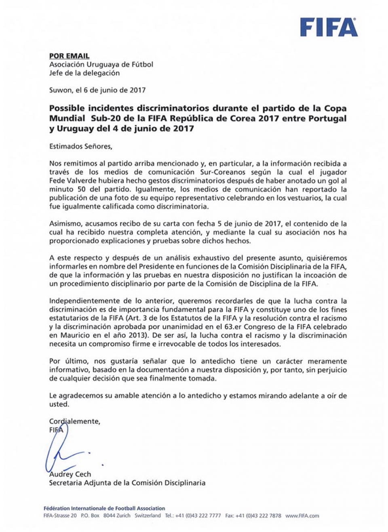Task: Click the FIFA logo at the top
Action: click(x=329, y=27)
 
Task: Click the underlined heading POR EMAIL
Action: click(x=69, y=56)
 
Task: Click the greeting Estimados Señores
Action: click(x=81, y=146)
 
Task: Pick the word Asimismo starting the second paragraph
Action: click(x=65, y=224)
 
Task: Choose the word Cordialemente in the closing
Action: click(x=74, y=421)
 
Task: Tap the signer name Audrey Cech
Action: click(x=70, y=474)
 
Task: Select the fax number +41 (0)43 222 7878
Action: click(x=259, y=516)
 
